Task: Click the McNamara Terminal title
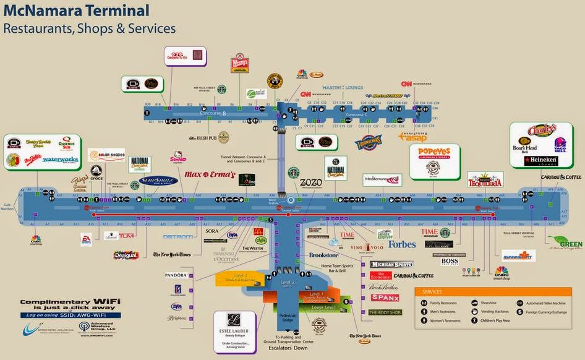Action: [76, 11]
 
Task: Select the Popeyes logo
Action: [438, 153]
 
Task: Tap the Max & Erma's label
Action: [210, 175]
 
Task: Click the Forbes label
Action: [401, 244]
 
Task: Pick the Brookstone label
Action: [323, 255]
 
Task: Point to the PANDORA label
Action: [176, 275]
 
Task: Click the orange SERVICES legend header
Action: [432, 292]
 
